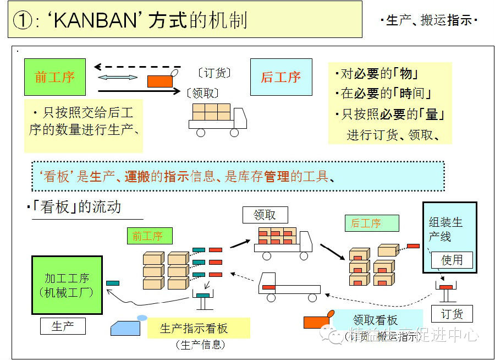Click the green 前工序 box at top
pyautogui.click(x=55, y=77)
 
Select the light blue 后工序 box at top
pyautogui.click(x=280, y=77)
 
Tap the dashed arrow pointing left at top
pyautogui.click(x=137, y=67)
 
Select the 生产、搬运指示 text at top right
pyautogui.click(x=429, y=21)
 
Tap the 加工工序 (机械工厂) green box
pyautogui.click(x=67, y=285)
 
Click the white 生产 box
pyautogui.click(x=63, y=326)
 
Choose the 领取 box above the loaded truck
pyautogui.click(x=265, y=215)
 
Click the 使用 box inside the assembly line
pyautogui.click(x=452, y=260)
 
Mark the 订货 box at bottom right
pyautogui.click(x=452, y=314)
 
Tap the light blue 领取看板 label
pyautogui.click(x=375, y=320)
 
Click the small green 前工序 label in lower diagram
pyautogui.click(x=147, y=237)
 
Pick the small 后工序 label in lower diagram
pyautogui.click(x=366, y=223)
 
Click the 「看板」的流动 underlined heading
pyautogui.click(x=76, y=208)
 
